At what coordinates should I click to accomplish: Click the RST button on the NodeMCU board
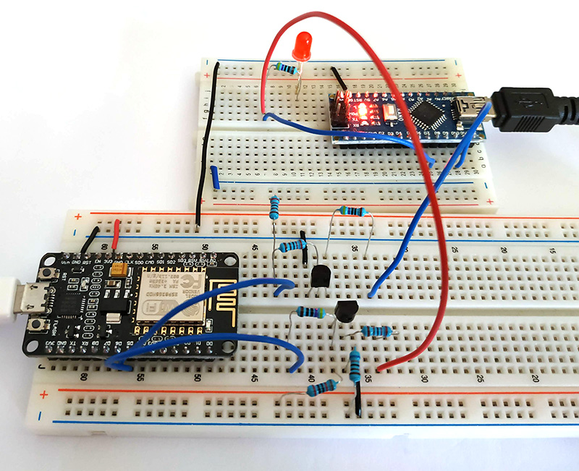[50, 273]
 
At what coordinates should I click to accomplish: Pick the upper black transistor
[320, 275]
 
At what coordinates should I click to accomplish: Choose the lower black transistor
[347, 312]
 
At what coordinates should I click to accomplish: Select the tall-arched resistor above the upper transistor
[352, 212]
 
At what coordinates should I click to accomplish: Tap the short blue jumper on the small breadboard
[215, 176]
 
